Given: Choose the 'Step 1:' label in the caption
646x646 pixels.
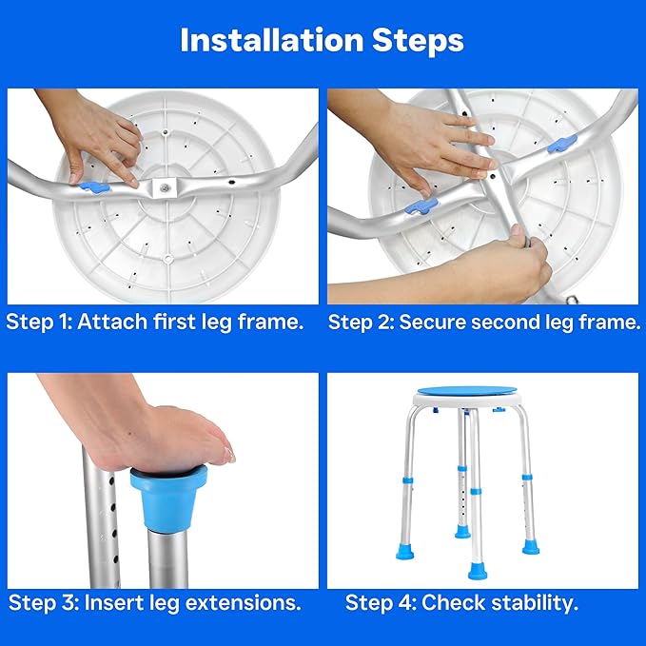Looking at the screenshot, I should (x=39, y=322).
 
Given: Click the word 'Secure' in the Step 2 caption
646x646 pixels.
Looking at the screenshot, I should (x=431, y=322).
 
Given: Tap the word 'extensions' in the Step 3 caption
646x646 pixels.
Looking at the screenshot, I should (x=242, y=603).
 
